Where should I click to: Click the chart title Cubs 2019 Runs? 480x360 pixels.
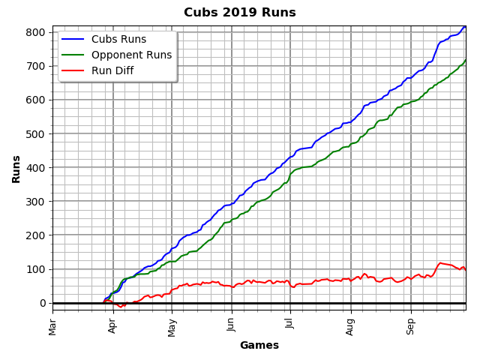(x=240, y=13)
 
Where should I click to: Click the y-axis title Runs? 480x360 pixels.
(x=16, y=169)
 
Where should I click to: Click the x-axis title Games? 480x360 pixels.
(x=259, y=346)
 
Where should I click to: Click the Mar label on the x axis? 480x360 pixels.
(x=52, y=325)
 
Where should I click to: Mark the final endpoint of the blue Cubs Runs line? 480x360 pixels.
(x=466, y=26)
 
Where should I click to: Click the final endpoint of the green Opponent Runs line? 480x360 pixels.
(x=466, y=60)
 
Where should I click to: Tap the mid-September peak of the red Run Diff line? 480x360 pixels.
(x=440, y=262)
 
